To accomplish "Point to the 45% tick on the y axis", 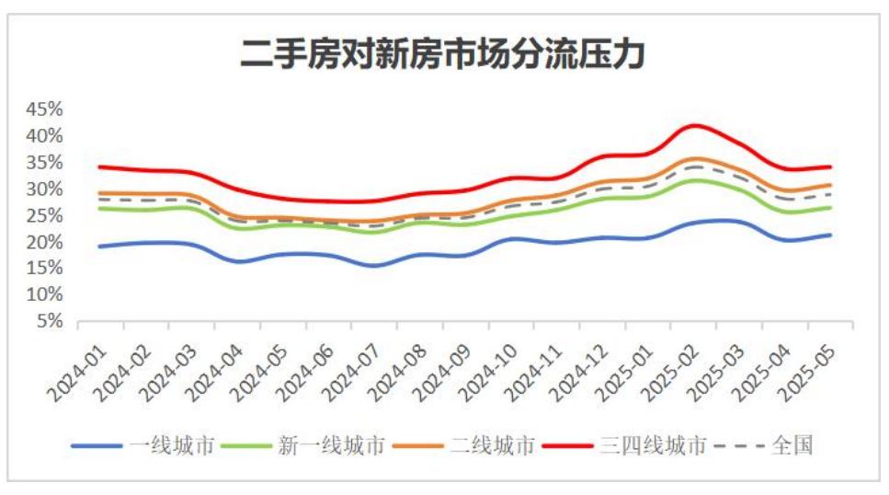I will [x=43, y=109].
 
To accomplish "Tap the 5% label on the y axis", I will [x=48, y=321].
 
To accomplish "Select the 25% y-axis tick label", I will [x=43, y=215].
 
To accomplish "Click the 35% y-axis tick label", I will [x=43, y=162].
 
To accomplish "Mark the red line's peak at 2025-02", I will [x=695, y=125].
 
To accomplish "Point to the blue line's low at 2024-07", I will [x=375, y=266].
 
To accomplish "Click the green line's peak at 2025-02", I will [x=696, y=180].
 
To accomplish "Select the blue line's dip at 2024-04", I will [x=239, y=261].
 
